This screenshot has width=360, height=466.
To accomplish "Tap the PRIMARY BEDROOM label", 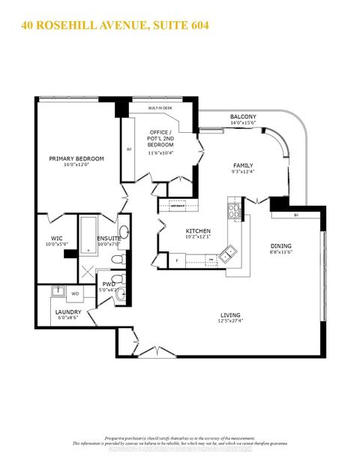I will [76, 158].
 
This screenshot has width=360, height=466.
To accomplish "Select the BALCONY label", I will [243, 117].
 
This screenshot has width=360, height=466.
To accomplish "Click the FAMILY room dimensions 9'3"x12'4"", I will [243, 173].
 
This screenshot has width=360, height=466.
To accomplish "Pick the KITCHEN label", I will [199, 231].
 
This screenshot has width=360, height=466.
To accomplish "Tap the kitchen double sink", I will [232, 251].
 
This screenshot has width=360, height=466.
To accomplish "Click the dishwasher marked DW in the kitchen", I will [211, 260].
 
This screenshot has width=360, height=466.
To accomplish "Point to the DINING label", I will [281, 245].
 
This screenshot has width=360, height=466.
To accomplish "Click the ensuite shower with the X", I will [88, 272].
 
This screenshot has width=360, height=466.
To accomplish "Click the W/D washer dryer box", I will [75, 293].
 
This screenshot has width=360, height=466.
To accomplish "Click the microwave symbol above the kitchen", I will [178, 203].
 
